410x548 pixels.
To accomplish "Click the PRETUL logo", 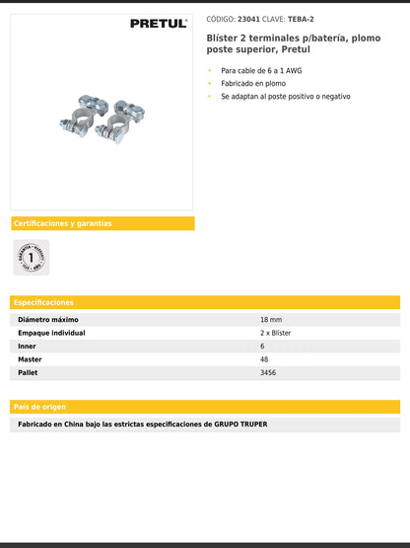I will pyautogui.click(x=158, y=24).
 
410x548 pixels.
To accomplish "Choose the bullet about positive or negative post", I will pyautogui.click(x=285, y=97).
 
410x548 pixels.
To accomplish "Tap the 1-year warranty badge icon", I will pyautogui.click(x=31, y=258).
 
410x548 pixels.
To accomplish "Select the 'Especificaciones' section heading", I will pyautogui.click(x=43, y=302).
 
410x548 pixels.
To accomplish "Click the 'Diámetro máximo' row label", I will pyautogui.click(x=48, y=320).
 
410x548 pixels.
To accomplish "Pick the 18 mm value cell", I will pyautogui.click(x=271, y=320).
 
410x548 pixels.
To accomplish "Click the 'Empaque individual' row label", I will pyautogui.click(x=52, y=334).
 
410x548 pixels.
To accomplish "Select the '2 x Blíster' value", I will pyautogui.click(x=276, y=334).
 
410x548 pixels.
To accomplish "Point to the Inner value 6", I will pyautogui.click(x=262, y=347).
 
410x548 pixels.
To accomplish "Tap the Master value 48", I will pyautogui.click(x=264, y=360).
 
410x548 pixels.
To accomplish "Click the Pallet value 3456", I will pyautogui.click(x=268, y=374).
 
